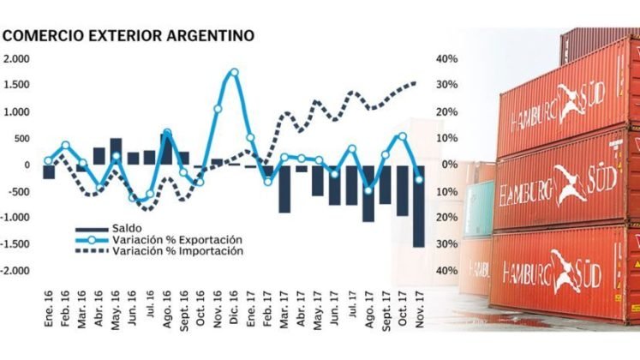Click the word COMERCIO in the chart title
click(42, 37)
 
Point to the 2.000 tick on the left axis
click(16, 59)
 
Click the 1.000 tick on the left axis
click(16, 112)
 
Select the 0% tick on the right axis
click(447, 165)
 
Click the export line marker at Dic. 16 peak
click(234, 73)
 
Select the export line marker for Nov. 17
click(419, 179)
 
